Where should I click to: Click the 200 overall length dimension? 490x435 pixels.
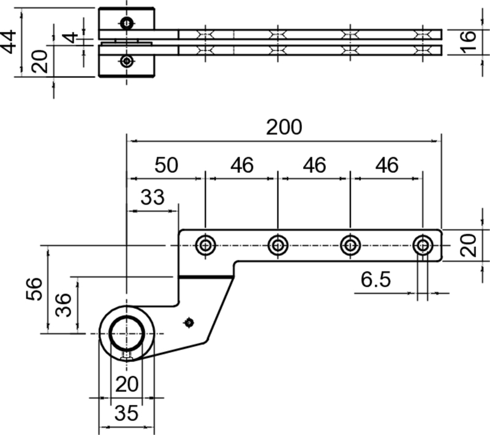click(284, 128)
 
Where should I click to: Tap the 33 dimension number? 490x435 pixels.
click(153, 198)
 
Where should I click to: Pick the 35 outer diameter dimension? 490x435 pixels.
click(126, 414)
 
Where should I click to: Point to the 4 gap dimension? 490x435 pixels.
click(72, 37)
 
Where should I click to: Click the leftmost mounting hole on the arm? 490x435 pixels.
click(205, 246)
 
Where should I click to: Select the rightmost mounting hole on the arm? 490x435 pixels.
click(422, 246)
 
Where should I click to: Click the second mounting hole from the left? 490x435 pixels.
click(277, 246)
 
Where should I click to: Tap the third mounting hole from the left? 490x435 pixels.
click(350, 246)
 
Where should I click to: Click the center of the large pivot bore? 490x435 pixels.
click(126, 333)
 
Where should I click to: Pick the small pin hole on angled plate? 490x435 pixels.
click(189, 322)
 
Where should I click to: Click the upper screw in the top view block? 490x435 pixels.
click(126, 24)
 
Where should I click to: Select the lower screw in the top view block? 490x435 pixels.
click(126, 61)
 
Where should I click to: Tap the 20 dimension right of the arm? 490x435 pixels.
click(467, 245)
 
